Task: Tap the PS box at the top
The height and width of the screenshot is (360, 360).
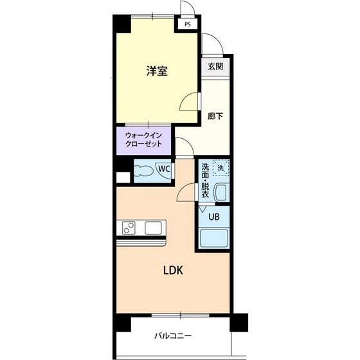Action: point(188,24)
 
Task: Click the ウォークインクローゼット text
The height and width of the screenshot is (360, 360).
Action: point(144,141)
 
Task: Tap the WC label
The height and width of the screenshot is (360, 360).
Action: point(165,169)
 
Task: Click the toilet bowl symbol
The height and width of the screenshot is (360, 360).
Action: point(146,171)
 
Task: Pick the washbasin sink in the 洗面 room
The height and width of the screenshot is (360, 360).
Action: point(221,192)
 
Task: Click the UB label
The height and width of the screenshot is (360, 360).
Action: point(214,217)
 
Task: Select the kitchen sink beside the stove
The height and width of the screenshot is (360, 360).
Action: point(154,228)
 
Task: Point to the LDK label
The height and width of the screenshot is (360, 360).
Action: point(172,271)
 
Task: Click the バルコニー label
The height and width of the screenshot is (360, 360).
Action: point(172,336)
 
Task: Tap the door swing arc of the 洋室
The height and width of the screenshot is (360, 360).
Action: point(188,102)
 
